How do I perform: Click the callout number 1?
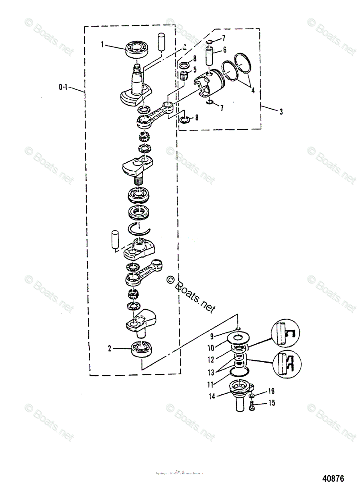pyautogui.click(x=103, y=45)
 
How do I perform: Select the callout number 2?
pyautogui.click(x=109, y=349)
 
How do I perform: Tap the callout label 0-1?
pyautogui.click(x=63, y=86)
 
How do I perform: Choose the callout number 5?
pyautogui.click(x=225, y=50)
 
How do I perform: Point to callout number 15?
pyautogui.click(x=272, y=402)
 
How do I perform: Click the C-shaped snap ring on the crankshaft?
pyautogui.click(x=139, y=229)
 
